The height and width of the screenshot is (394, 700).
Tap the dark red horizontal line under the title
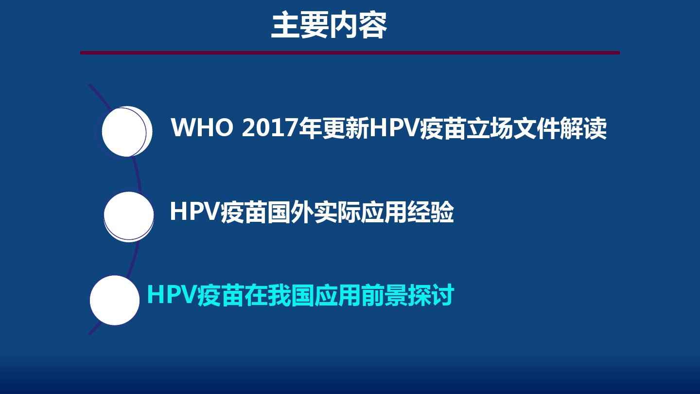point(350,53)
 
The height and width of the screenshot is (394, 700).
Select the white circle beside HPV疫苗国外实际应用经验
point(129,216)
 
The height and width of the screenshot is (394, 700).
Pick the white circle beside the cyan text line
point(115,300)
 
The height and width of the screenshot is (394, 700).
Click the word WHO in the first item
point(202,127)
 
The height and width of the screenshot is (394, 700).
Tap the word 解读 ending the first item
point(583,128)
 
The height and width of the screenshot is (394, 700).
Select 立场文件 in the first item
point(513,128)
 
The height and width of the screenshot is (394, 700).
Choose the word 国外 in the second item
point(290,212)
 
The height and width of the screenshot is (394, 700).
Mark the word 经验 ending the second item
point(430,212)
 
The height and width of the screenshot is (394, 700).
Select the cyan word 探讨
point(431,295)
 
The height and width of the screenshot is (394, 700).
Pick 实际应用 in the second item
point(360,212)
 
